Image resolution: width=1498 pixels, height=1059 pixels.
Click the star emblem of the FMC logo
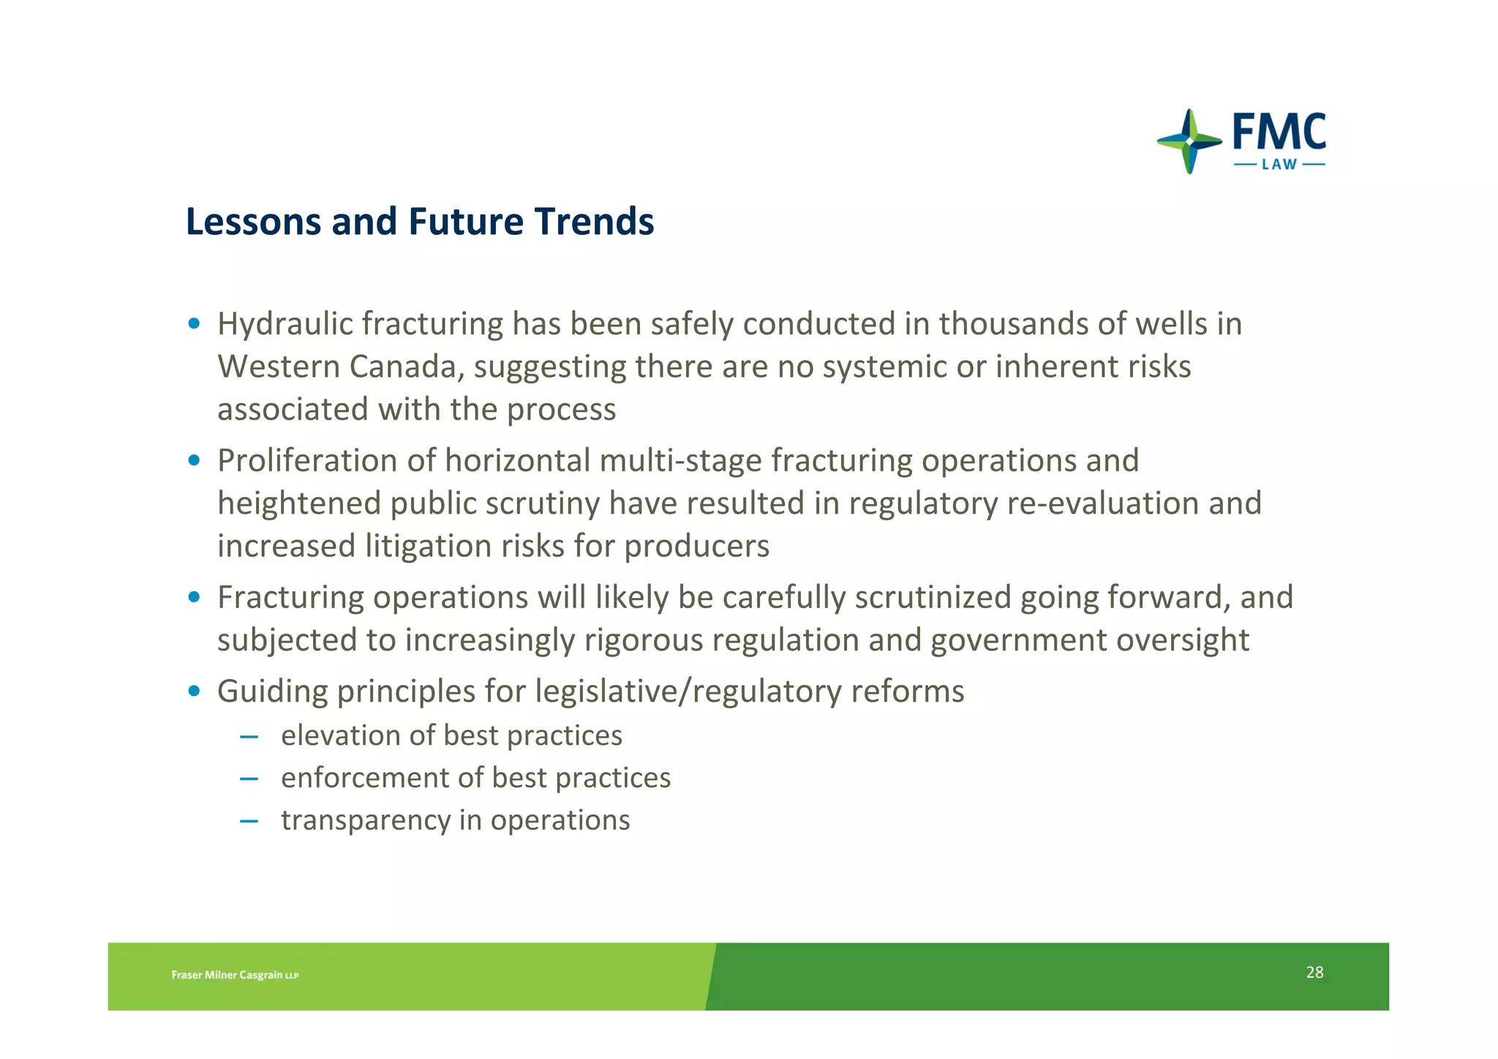click(x=1189, y=141)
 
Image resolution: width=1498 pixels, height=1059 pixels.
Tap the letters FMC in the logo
click(x=1279, y=132)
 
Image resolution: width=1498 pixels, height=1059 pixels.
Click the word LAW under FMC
click(x=1279, y=165)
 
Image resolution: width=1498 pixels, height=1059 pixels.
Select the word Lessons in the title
click(x=253, y=222)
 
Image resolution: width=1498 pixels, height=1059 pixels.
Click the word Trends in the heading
click(x=593, y=222)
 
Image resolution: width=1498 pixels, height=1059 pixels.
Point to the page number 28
click(x=1314, y=972)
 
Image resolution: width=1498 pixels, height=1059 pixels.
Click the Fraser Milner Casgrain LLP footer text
click(x=235, y=975)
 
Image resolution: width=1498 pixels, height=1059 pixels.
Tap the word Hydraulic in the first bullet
click(x=285, y=324)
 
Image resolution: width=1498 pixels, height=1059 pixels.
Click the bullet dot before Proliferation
click(x=194, y=460)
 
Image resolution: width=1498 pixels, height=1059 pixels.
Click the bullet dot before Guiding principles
click(x=194, y=691)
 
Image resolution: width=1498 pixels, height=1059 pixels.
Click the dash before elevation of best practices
click(x=249, y=736)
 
